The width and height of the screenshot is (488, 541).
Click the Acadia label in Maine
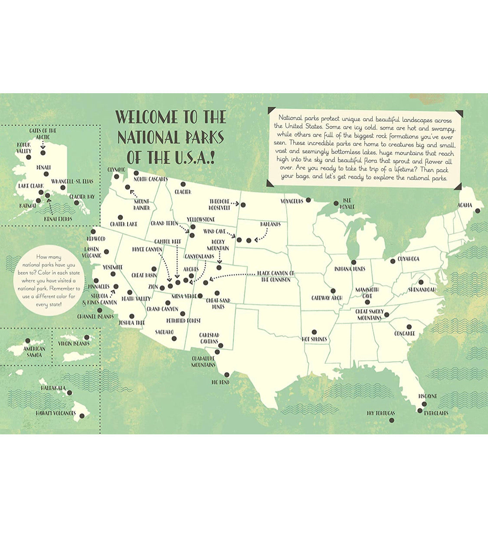(x=465, y=205)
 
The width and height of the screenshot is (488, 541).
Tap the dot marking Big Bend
(x=226, y=375)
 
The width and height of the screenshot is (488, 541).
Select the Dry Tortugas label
(x=380, y=413)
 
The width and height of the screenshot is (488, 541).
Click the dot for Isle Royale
(x=336, y=203)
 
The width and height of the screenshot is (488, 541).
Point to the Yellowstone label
(x=200, y=219)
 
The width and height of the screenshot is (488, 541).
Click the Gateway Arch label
(x=327, y=298)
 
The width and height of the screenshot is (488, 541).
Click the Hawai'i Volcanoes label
(x=56, y=414)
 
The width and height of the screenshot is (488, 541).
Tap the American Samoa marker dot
(x=28, y=341)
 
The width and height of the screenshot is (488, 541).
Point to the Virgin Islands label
(x=74, y=344)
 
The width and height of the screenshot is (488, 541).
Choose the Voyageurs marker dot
(x=308, y=200)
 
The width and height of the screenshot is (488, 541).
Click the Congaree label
(x=404, y=333)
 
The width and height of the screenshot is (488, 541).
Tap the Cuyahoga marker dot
(x=393, y=261)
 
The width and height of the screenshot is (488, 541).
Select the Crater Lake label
(x=124, y=224)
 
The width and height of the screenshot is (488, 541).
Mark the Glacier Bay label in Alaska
(x=82, y=197)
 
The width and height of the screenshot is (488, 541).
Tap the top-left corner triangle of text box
(x=271, y=111)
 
